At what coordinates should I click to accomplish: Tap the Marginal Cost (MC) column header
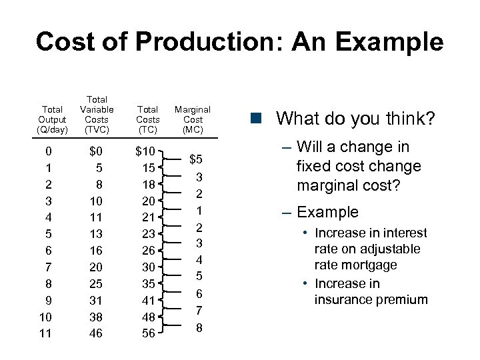pos(193,119)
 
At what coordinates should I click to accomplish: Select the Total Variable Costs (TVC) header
pos(97,114)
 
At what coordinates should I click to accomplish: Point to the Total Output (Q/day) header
pos(52,119)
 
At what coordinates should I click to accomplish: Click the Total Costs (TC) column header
pos(147,119)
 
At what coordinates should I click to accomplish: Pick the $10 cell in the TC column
pos(145,151)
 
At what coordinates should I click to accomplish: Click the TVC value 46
pos(96,333)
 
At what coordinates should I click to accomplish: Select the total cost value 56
pos(148,333)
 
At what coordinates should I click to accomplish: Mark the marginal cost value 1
pos(199,210)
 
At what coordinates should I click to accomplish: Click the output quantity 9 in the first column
pos(45,300)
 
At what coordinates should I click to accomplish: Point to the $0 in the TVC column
pos(96,151)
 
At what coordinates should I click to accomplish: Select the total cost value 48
pos(148,316)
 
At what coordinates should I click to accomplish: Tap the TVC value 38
pos(96,316)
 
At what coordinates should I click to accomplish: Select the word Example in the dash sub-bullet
pos(327,213)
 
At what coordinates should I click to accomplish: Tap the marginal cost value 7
pos(199,310)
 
